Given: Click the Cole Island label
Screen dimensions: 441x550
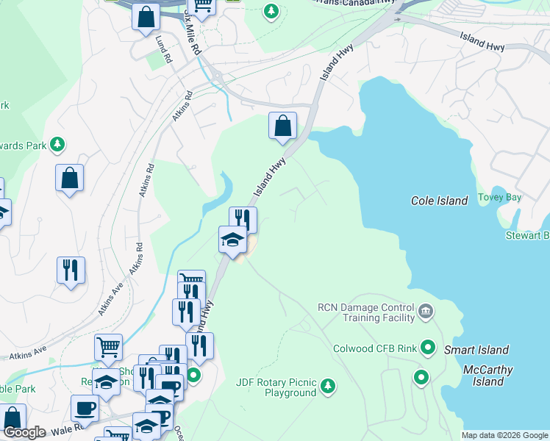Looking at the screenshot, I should [x=439, y=201].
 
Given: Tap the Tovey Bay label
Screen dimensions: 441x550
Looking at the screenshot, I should [x=499, y=197].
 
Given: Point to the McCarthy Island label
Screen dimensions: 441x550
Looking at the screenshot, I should [x=488, y=376].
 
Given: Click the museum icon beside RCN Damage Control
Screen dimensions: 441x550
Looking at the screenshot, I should [x=426, y=313].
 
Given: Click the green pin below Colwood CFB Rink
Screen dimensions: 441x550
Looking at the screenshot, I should [x=421, y=378].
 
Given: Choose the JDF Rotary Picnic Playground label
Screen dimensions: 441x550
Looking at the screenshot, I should [x=276, y=387].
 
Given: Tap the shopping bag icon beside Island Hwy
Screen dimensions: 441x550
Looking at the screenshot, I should [x=282, y=126].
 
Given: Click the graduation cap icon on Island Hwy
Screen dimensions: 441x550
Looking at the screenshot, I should [x=232, y=240].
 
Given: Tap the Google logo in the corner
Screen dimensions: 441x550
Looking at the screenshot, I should [x=24, y=432].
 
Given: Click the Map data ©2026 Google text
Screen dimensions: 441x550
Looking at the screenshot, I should [x=504, y=435].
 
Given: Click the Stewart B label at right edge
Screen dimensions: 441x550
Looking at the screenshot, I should [x=526, y=235].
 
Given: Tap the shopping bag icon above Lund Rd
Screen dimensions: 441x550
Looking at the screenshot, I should [x=146, y=16].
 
